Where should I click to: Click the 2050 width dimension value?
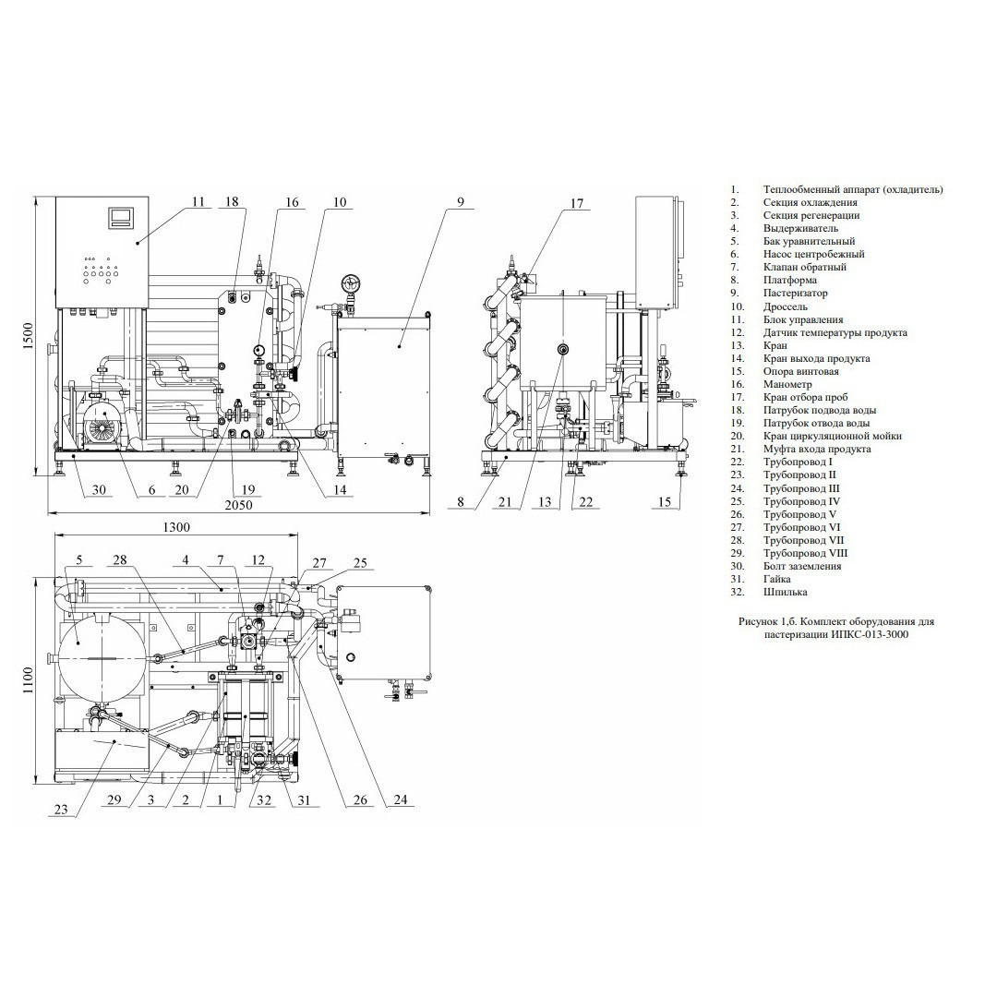coord(239,505)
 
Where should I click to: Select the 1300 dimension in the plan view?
coord(176,527)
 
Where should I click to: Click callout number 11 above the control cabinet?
coord(198,201)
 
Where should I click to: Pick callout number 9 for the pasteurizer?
coord(461,201)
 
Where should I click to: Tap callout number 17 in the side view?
coord(577,203)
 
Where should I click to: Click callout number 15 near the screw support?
coord(665,501)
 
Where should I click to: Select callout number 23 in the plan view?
coord(60,810)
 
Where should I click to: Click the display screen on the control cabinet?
coord(122,217)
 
